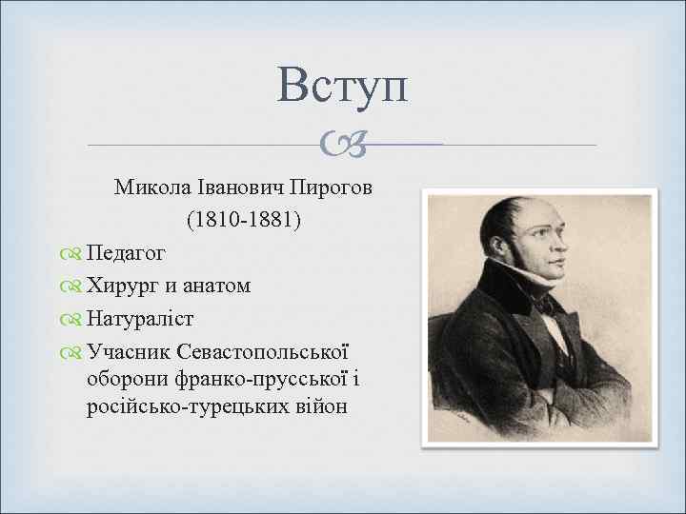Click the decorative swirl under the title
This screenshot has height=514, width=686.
point(342,145)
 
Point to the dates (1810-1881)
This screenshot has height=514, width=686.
point(244,220)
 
